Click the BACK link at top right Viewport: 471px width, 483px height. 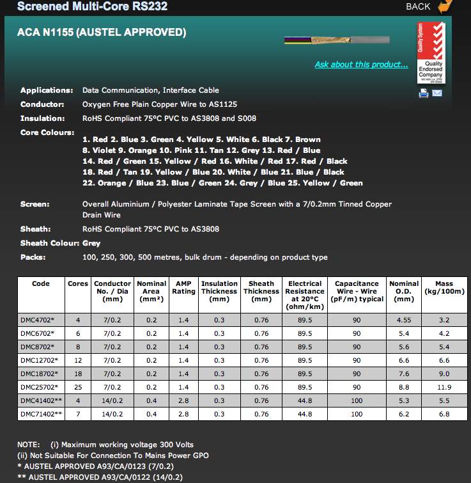pos(419,6)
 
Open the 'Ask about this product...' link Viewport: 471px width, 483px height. pos(361,65)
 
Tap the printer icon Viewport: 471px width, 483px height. pos(423,93)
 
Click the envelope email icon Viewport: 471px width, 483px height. pos(437,93)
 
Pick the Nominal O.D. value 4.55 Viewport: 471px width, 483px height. pos(404,319)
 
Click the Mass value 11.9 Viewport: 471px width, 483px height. pos(444,387)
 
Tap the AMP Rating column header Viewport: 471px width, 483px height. pos(183,288)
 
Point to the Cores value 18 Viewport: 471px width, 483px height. pos(78,374)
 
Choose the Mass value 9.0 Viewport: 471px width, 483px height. pos(444,374)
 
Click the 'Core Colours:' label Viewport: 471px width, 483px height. pos(47,132)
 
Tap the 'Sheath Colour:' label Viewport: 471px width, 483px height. pos(50,243)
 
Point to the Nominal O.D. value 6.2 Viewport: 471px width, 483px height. pos(404,414)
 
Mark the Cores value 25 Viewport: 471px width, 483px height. pos(78,387)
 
